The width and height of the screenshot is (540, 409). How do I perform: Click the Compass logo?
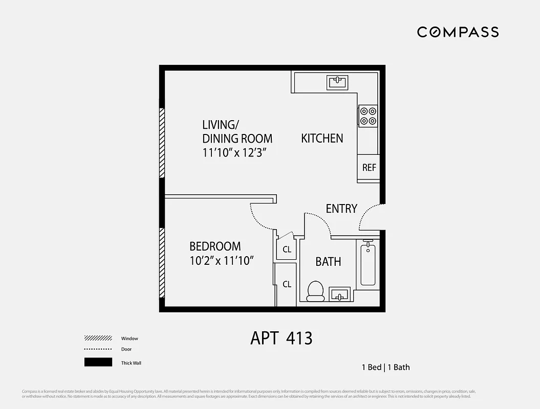[x=458, y=32]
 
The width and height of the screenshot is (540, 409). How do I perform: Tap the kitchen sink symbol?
[x=337, y=82]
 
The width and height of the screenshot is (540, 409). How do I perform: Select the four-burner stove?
[x=368, y=116]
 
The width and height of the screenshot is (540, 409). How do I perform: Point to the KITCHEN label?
[x=322, y=138]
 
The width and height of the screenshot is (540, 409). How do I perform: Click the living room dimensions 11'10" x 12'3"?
[x=235, y=152]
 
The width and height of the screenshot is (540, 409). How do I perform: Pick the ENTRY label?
[x=341, y=209]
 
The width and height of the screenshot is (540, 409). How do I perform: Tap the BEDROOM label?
[x=215, y=246]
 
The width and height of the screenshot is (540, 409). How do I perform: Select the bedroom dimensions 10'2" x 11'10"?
[x=222, y=261]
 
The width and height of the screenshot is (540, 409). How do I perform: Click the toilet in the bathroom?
[x=315, y=290]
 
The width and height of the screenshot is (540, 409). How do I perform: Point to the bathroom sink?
[x=339, y=294]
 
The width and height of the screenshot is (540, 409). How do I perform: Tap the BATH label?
[x=328, y=262]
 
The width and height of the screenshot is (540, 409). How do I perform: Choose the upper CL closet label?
[x=287, y=249]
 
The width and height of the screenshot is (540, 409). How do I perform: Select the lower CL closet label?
[x=287, y=284]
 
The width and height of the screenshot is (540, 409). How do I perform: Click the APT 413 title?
[x=281, y=338]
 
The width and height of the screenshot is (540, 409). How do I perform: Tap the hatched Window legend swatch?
[x=98, y=338]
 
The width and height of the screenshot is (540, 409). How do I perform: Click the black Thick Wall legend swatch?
[x=98, y=362]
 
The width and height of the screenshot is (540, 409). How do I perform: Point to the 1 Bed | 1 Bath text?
[x=385, y=367]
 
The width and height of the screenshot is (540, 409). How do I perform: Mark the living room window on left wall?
[x=162, y=143]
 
